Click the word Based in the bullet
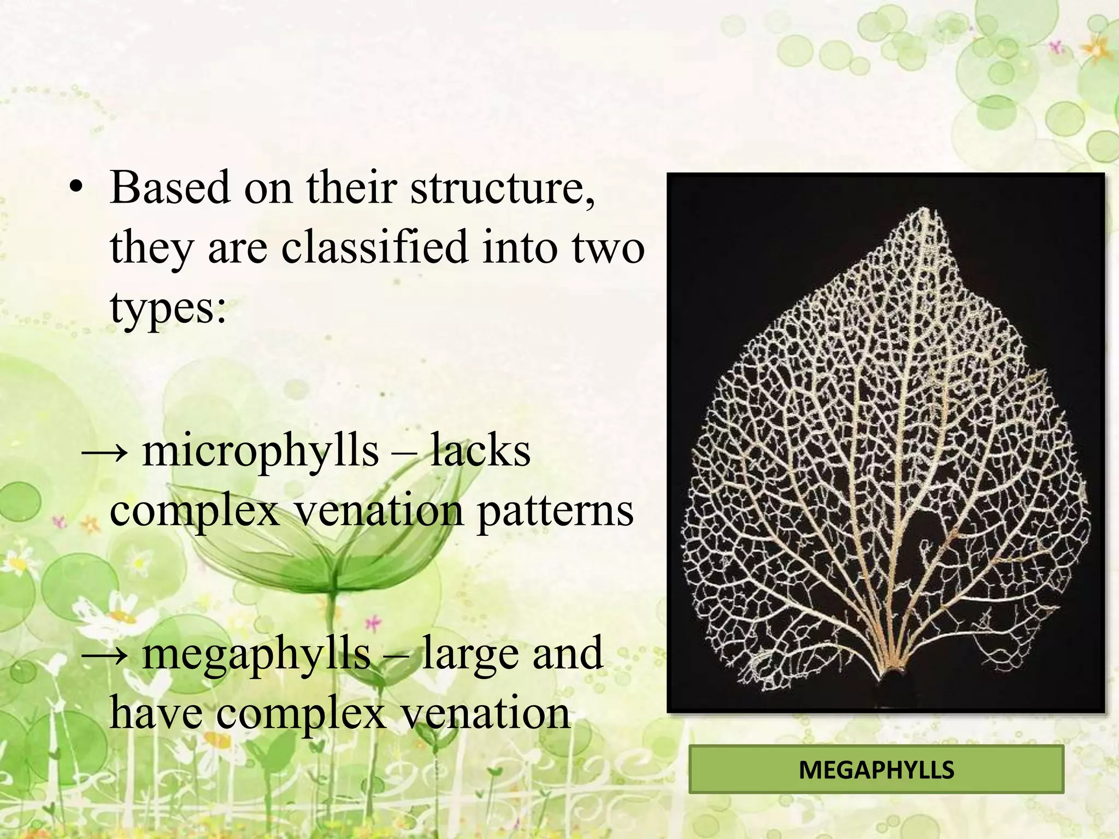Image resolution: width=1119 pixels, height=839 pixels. tap(169, 187)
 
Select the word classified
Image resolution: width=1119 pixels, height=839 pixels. tap(375, 247)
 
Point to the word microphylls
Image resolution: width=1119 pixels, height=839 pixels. tap(260, 451)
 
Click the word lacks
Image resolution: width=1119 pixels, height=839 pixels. tap(480, 451)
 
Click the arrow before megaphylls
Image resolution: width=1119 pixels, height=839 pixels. tap(105, 654)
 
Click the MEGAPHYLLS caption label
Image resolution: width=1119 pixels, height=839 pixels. tap(876, 770)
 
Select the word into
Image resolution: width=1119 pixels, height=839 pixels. tap(520, 247)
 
